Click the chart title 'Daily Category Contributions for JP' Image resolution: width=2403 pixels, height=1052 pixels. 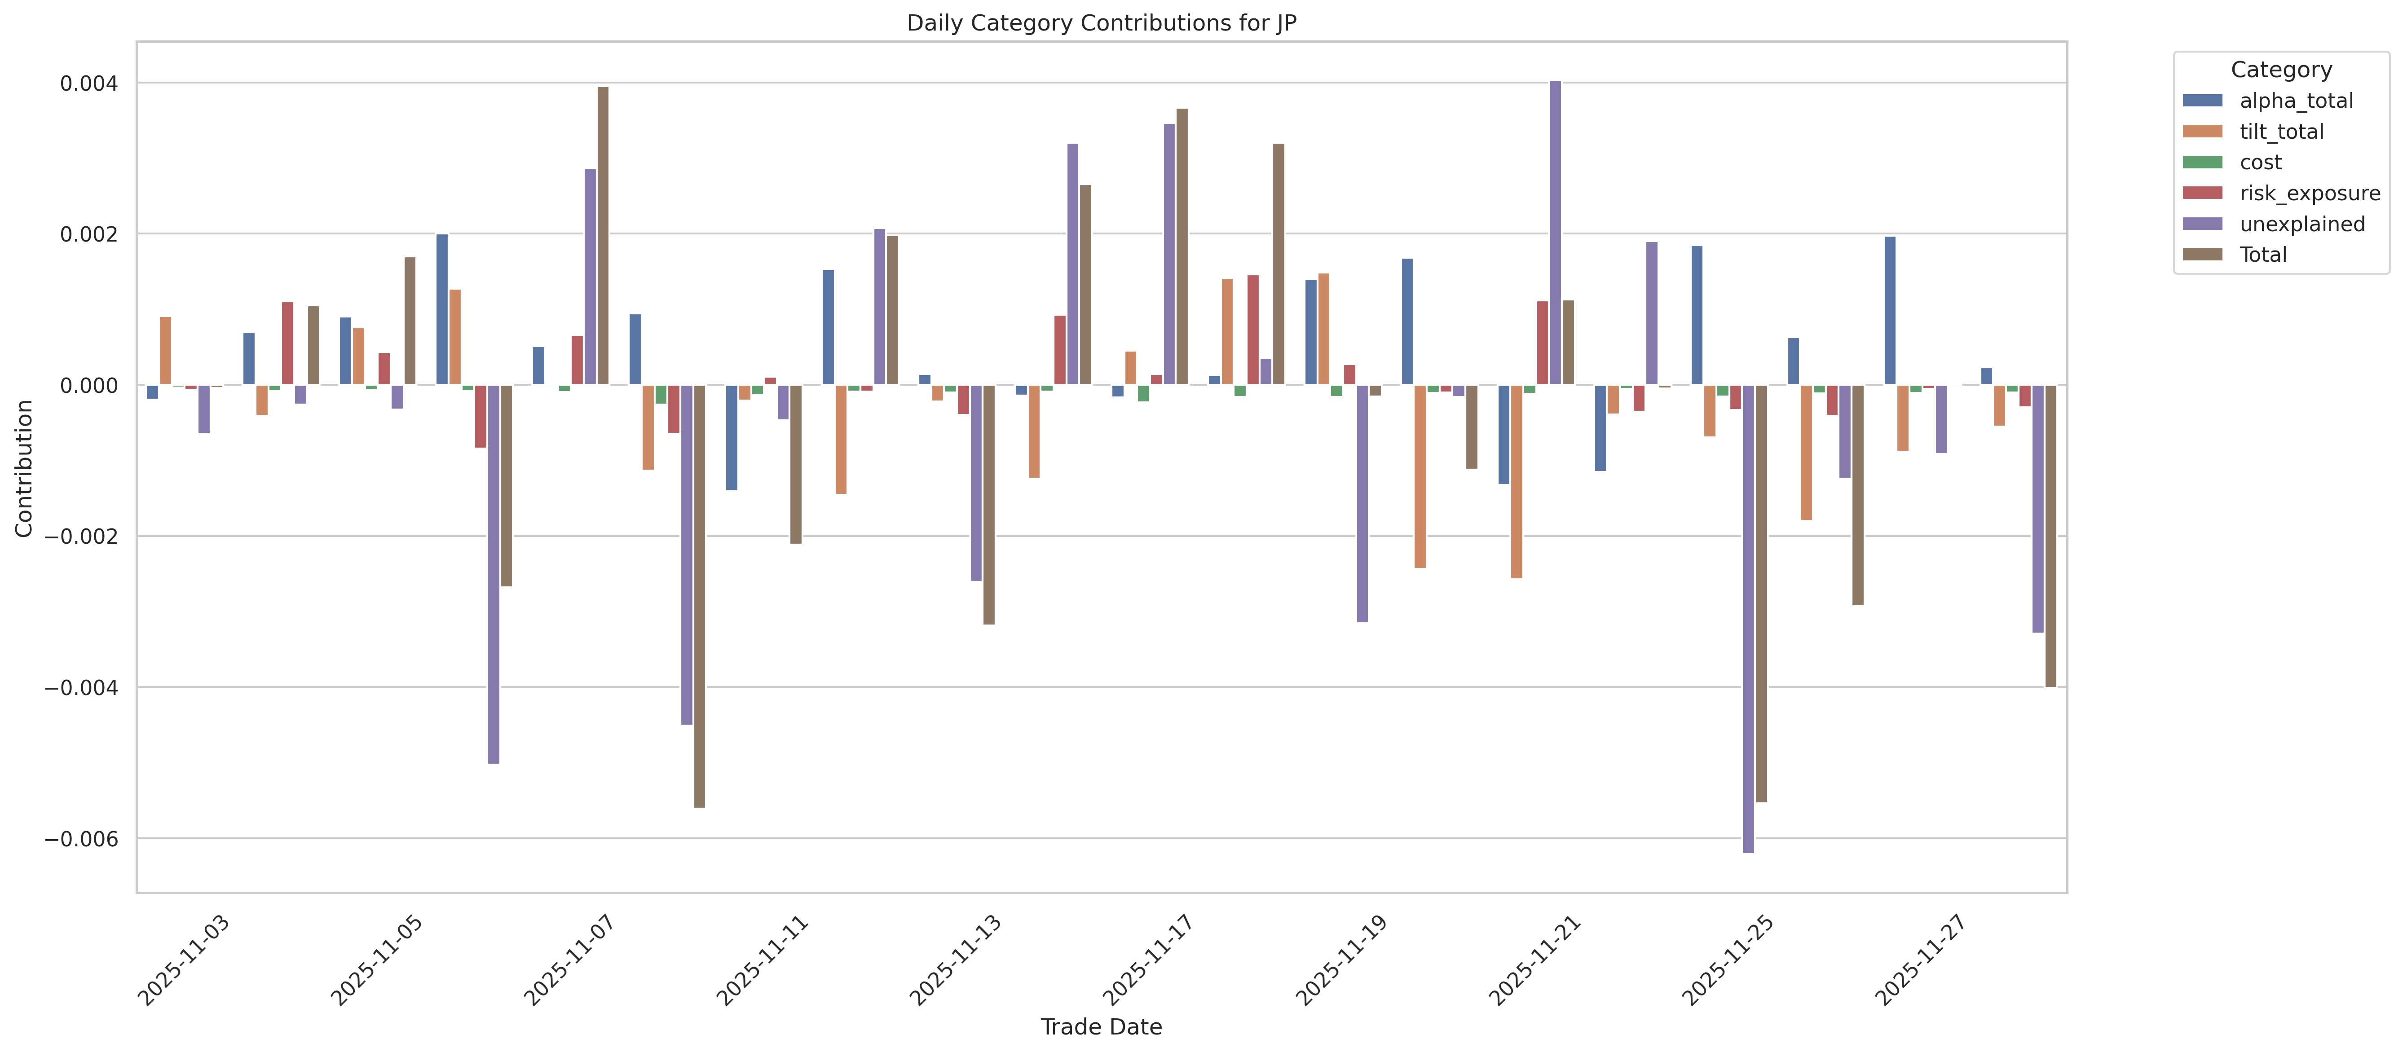(1101, 23)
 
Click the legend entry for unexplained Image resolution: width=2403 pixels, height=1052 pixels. (2302, 224)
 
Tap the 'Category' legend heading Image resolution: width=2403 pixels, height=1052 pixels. (2281, 70)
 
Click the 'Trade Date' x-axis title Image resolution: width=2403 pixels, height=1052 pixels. (1101, 1027)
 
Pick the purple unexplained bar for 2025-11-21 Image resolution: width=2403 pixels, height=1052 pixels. (1555, 233)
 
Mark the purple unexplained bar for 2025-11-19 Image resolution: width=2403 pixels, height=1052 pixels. (1362, 504)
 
